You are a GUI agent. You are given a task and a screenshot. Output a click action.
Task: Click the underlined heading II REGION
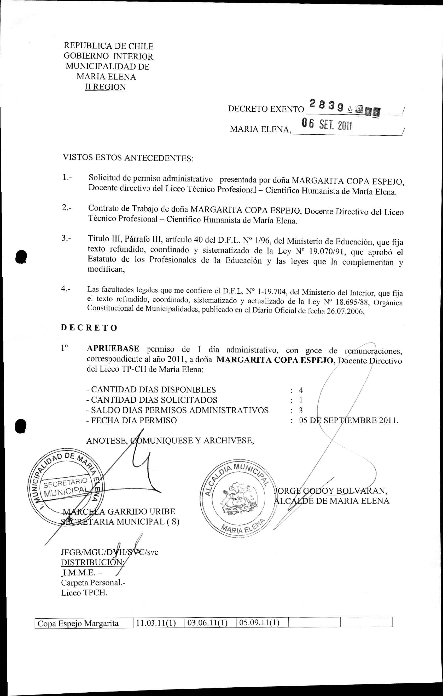[x=106, y=87]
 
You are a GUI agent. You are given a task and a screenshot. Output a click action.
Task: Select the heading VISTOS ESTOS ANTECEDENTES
[x=128, y=158]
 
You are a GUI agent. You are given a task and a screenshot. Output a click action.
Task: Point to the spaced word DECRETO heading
[x=89, y=328]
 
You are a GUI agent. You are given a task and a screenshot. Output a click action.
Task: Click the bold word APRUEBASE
[x=113, y=349]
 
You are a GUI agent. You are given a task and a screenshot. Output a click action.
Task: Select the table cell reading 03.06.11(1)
[x=207, y=623]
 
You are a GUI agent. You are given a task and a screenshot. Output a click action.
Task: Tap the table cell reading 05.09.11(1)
[x=259, y=623]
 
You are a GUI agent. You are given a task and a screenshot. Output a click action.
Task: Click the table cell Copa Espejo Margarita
[x=78, y=623]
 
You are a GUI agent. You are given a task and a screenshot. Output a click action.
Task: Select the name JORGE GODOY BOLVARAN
[x=330, y=491]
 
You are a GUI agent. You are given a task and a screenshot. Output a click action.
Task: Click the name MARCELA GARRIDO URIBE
[x=119, y=511]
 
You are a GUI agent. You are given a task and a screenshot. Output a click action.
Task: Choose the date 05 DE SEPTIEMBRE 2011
[x=348, y=420]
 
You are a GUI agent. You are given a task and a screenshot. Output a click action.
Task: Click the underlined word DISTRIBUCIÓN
[x=92, y=562]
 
